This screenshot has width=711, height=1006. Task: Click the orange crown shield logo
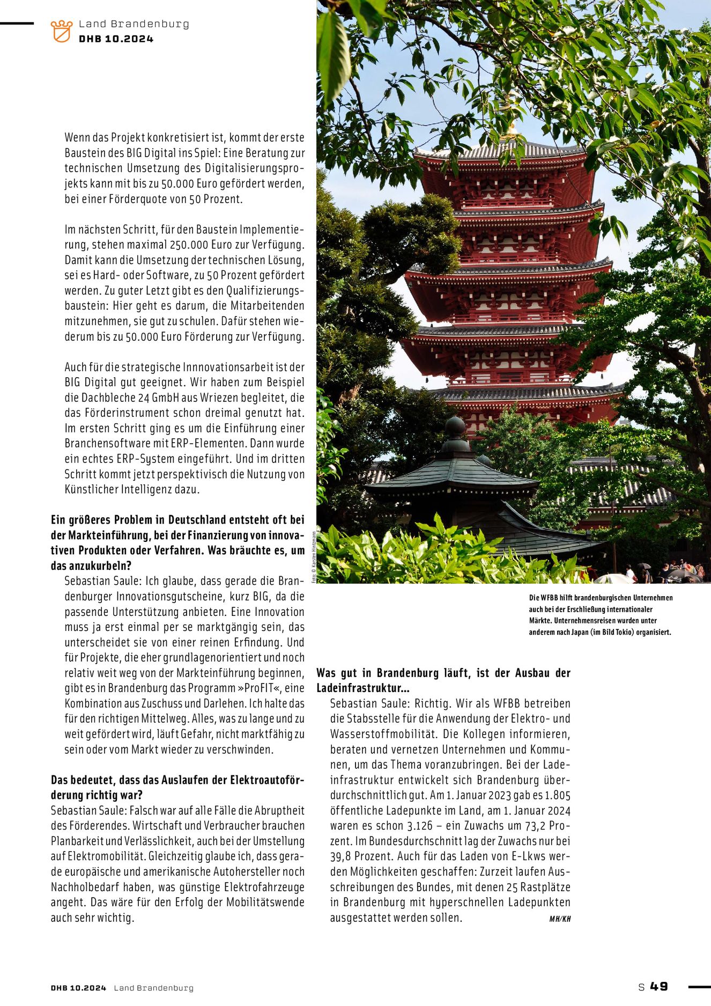tap(62, 31)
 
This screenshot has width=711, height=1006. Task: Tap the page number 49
tap(659, 987)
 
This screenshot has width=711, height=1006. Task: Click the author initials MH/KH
tap(560, 919)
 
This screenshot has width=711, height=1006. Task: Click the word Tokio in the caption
tap(624, 632)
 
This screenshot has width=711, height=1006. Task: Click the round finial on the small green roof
tap(455, 427)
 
